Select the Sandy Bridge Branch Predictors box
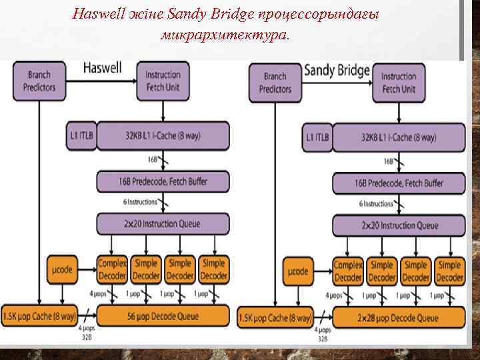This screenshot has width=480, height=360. point(275,83)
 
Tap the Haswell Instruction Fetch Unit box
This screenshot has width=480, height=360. point(163,81)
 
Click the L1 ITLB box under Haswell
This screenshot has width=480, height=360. point(82,136)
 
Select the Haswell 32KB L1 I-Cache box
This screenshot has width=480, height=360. point(163,136)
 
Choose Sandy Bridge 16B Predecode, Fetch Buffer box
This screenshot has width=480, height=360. point(398,183)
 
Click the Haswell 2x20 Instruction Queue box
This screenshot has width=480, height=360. point(163,223)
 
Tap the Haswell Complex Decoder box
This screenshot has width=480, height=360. point(112,269)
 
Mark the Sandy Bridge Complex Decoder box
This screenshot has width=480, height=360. point(348,271)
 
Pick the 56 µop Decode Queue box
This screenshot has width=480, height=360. point(163,316)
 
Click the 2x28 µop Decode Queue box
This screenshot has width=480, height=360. point(399,317)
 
